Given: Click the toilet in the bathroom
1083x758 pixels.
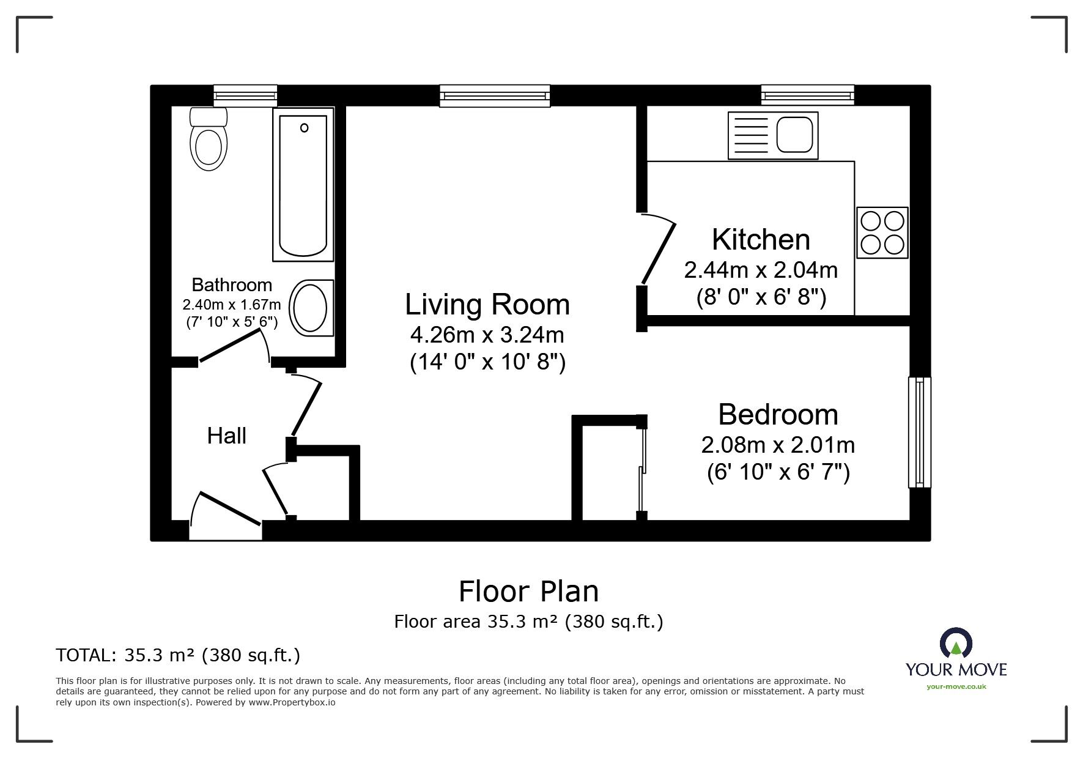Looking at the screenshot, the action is coord(209,139).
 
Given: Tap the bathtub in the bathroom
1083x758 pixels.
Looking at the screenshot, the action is coord(303,184).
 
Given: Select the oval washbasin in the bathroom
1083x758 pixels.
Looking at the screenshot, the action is coord(311,308).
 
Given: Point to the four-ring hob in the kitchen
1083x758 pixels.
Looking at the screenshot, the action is coord(882,232).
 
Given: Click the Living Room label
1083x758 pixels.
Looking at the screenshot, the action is coord(487,305).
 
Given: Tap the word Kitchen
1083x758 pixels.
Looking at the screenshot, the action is coord(761,239).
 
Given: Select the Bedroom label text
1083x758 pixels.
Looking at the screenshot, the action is coord(778,414).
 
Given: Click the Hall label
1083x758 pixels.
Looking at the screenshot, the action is coord(227,436).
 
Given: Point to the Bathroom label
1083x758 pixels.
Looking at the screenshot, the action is coord(232,284).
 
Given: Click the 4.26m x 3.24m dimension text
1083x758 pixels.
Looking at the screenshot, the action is coord(487,335).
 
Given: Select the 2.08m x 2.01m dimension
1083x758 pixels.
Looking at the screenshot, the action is coord(778,445).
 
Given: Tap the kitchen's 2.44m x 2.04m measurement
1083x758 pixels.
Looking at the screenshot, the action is coord(761,270).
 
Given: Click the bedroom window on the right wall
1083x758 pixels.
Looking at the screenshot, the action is coord(919,432).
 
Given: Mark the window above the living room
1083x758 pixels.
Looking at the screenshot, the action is coord(495,96).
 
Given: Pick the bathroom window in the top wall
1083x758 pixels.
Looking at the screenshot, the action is coord(245,96).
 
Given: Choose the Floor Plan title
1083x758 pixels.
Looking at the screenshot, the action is coord(528,592).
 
